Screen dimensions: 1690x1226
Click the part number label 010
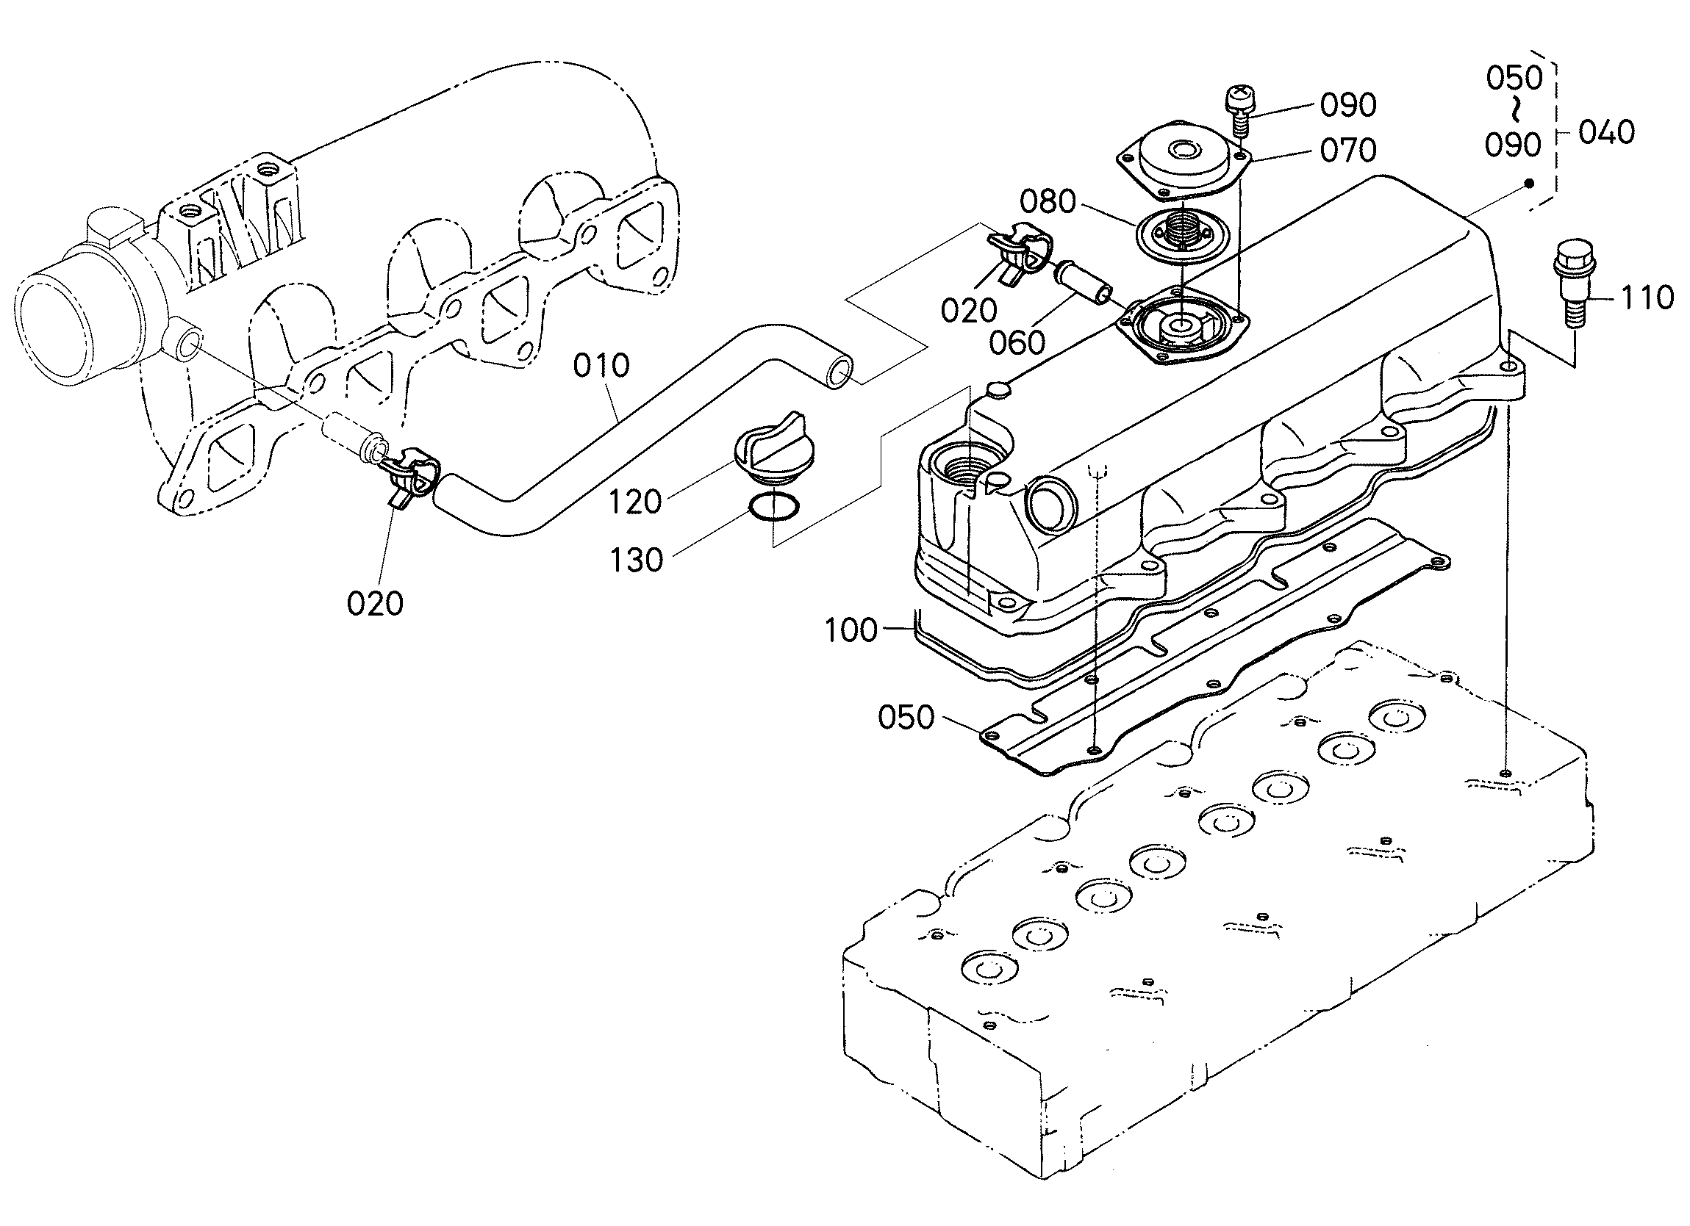(601, 366)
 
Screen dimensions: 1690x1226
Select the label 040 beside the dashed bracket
(1605, 132)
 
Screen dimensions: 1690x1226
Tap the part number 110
(1647, 298)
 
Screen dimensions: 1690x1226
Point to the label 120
(635, 502)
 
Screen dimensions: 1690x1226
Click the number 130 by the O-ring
(636, 560)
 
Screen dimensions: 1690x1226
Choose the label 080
(1048, 202)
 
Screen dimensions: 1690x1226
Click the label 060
(1017, 343)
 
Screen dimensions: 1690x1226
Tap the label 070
(1348, 151)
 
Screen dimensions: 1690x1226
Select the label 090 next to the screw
(1348, 106)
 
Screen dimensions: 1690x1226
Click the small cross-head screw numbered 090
(1239, 111)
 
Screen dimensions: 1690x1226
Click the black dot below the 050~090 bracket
(1529, 184)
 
